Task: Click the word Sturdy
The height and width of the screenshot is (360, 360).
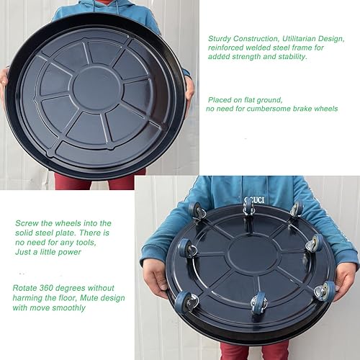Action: pos(220,37)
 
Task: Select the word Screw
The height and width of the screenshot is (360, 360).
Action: pos(27,222)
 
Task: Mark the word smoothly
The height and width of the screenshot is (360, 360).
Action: pos(68,307)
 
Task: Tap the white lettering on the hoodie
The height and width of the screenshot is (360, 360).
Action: pos(255,199)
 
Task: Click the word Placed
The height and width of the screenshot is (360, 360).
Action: pos(221,99)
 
